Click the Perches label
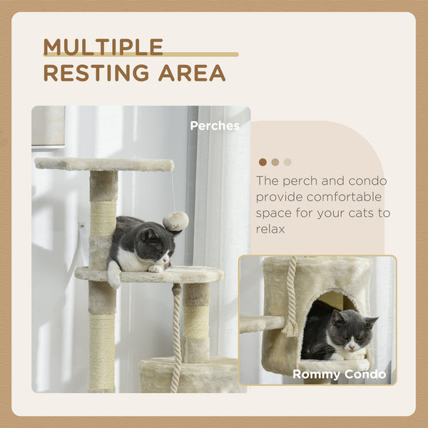point(215,126)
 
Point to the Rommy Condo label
point(339,374)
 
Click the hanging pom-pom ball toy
point(176,222)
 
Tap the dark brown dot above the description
point(263,162)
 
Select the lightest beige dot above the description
point(287,162)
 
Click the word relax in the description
point(270,229)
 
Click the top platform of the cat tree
point(104,164)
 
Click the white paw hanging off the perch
point(114,275)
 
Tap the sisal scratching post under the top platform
point(103,217)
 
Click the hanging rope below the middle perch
point(176,335)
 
